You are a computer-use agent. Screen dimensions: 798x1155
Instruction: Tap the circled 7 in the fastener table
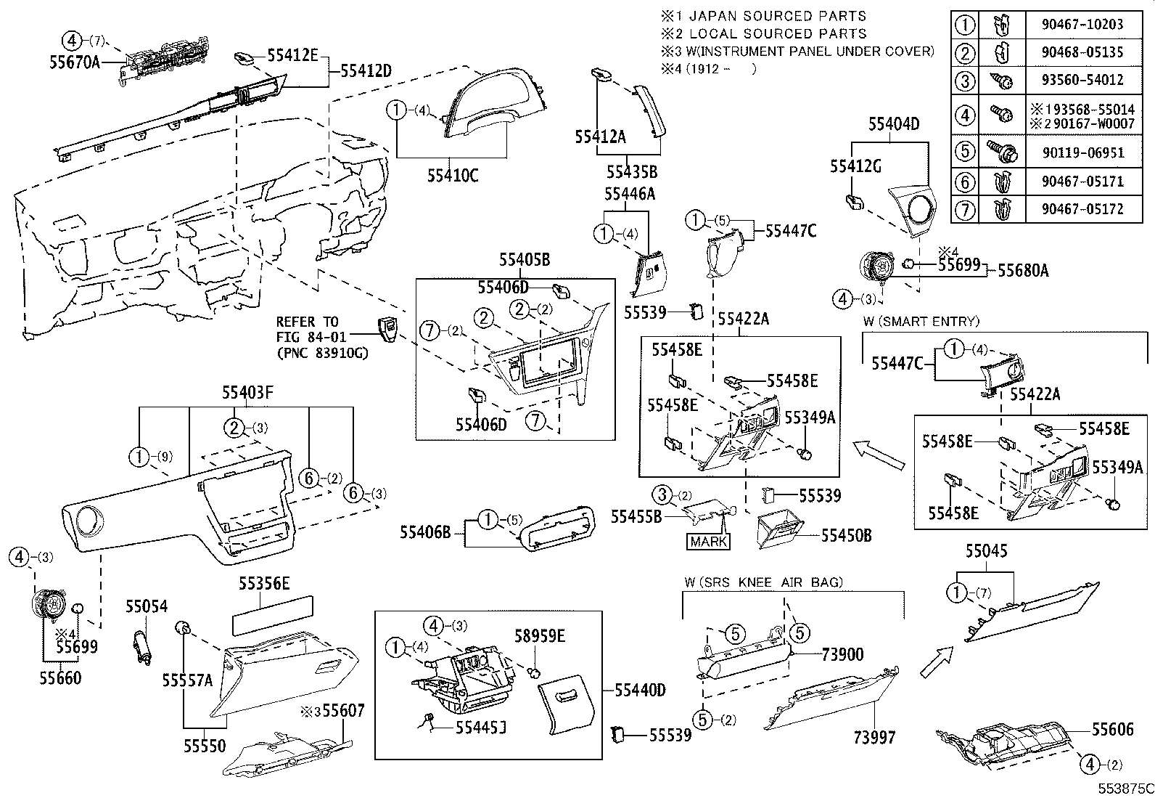point(965,209)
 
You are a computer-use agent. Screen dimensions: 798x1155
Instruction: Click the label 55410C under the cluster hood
point(452,176)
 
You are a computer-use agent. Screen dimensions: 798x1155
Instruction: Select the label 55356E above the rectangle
point(265,582)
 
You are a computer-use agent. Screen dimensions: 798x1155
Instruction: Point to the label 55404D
point(894,125)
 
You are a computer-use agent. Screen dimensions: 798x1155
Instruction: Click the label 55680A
point(1023,270)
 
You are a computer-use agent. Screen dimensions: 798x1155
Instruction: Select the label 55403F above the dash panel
point(247,393)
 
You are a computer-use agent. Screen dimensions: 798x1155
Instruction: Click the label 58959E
point(540,636)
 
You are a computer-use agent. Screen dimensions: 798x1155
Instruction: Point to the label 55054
point(146,606)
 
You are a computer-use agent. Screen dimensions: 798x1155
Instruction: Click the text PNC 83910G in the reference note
point(322,353)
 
